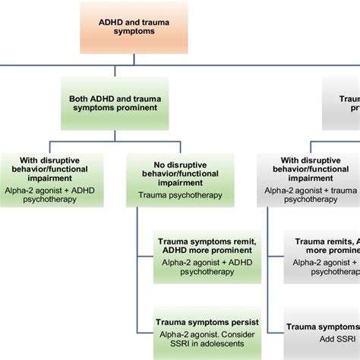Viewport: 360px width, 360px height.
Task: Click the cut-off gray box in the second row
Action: [x=342, y=103]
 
